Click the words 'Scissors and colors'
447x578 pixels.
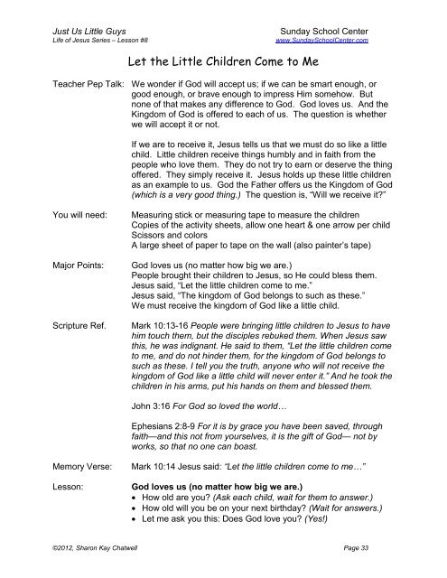click(176, 234)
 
